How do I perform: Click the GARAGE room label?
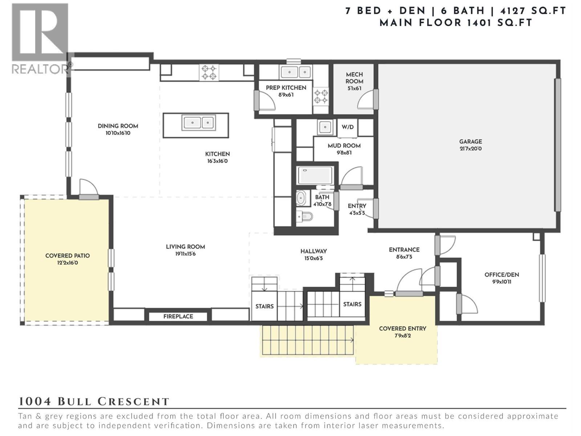coord(470,142)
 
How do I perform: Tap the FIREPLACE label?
coord(178,316)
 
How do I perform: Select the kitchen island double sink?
coord(198,123)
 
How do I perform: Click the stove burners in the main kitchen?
coord(209,72)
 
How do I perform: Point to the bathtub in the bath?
coord(315,175)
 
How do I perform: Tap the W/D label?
coord(348,127)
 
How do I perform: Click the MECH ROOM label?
coord(354,78)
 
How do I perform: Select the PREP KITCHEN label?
coord(286,88)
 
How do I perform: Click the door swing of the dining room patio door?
coord(89,187)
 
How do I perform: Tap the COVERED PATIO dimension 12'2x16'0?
coord(68,263)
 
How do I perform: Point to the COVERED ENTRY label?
coord(402,328)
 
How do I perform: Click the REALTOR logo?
coord(40,38)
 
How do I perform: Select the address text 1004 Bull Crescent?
coord(94,401)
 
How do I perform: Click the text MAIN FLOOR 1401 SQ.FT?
coord(456,23)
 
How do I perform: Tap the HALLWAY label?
coord(313,251)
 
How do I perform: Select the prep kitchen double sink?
coord(295,72)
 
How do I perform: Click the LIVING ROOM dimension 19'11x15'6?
coord(185,254)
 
